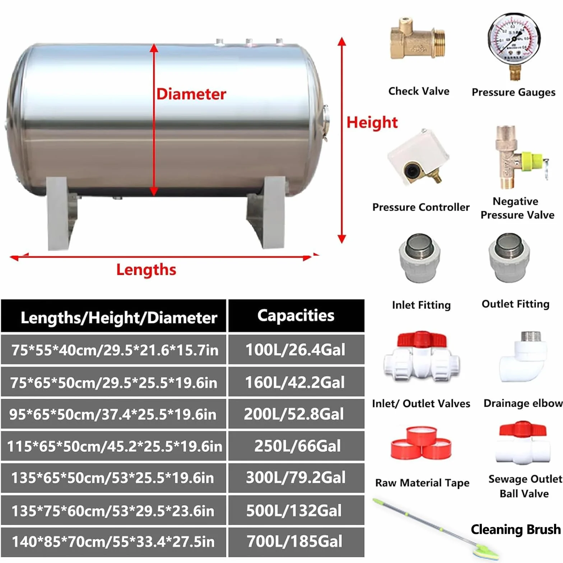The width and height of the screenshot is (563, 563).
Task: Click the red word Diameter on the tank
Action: pyautogui.click(x=191, y=94)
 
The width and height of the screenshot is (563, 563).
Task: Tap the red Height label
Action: pyautogui.click(x=372, y=123)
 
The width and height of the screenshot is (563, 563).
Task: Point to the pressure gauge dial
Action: pyautogui.click(x=514, y=39)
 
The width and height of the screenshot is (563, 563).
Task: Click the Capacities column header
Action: pyautogui.click(x=296, y=316)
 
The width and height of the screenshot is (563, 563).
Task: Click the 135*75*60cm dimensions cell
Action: pyautogui.click(x=113, y=510)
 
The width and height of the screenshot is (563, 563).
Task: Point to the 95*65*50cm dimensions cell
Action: pyautogui.click(x=113, y=414)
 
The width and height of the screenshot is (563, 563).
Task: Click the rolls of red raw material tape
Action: pyautogui.click(x=420, y=443)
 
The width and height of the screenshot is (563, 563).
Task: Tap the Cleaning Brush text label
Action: pyautogui.click(x=516, y=529)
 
